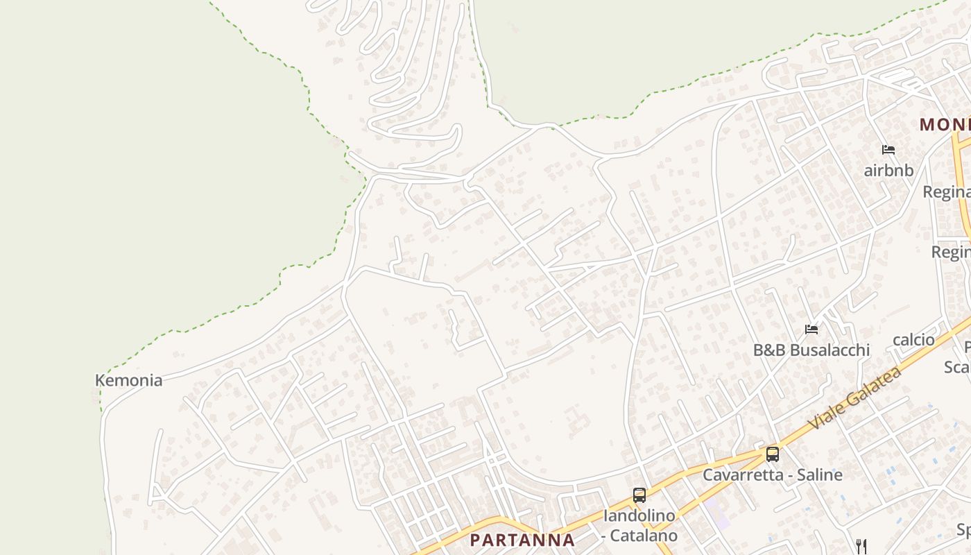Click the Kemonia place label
pyautogui.click(x=128, y=380)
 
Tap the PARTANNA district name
pyautogui.click(x=522, y=540)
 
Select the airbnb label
pyautogui.click(x=888, y=170)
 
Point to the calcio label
pyautogui.click(x=913, y=339)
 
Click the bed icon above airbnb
pyautogui.click(x=888, y=149)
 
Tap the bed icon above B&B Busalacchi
pyautogui.click(x=811, y=329)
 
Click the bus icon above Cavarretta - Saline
pyautogui.click(x=772, y=454)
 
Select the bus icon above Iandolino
pyautogui.click(x=639, y=495)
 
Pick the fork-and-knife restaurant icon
pyautogui.click(x=861, y=546)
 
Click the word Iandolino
pyautogui.click(x=639, y=515)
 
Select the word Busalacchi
pyautogui.click(x=829, y=350)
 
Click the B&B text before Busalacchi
pyautogui.click(x=769, y=350)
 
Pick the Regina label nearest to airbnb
pyautogui.click(x=946, y=191)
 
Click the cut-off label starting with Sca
pyautogui.click(x=957, y=366)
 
